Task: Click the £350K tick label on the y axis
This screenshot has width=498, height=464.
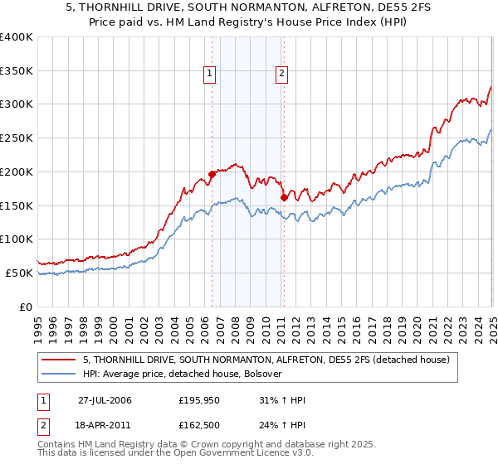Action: pyautogui.click(x=16, y=71)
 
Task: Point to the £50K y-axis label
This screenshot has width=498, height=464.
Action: pyautogui.click(x=19, y=273)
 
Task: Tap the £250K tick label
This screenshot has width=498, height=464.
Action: pyautogui.click(x=16, y=138)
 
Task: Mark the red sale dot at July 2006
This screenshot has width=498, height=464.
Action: pyautogui.click(x=212, y=175)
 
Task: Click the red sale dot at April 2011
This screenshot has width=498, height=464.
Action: pyautogui.click(x=284, y=197)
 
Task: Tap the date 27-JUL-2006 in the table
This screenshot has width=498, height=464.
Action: pyautogui.click(x=106, y=399)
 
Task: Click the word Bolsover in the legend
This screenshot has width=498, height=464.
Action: pyautogui.click(x=262, y=374)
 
